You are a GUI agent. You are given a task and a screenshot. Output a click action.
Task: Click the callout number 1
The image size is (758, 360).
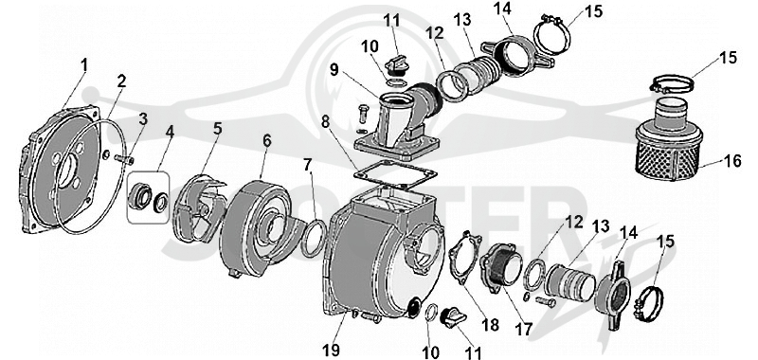[84, 65]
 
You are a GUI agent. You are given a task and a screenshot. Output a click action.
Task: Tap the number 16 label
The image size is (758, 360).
[732, 161]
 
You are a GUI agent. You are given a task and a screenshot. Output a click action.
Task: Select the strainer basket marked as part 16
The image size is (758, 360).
[668, 137]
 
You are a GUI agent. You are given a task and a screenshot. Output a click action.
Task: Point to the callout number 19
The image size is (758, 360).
[331, 350]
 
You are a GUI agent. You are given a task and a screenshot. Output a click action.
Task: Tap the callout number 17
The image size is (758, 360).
[524, 329]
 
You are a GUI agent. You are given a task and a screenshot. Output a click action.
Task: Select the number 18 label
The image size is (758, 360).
[491, 324]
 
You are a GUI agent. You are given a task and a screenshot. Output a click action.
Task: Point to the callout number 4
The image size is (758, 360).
[169, 132]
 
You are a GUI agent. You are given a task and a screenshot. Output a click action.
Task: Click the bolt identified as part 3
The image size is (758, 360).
[125, 158]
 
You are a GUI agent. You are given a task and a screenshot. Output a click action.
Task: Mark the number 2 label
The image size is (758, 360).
[121, 81]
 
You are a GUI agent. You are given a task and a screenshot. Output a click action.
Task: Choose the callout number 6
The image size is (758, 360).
[267, 141]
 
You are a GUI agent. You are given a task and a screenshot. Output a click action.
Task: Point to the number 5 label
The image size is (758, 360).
[218, 129]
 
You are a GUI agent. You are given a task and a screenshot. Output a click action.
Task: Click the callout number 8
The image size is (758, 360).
[326, 121]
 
